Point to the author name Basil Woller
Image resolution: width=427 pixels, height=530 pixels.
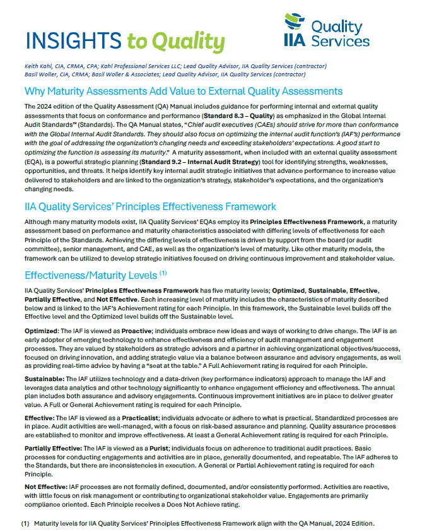[39, 74]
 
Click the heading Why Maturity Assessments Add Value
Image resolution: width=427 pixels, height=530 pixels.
[183, 91]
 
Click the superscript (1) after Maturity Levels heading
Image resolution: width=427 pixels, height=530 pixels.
[163, 273]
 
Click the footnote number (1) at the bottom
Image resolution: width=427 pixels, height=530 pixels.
[25, 524]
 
